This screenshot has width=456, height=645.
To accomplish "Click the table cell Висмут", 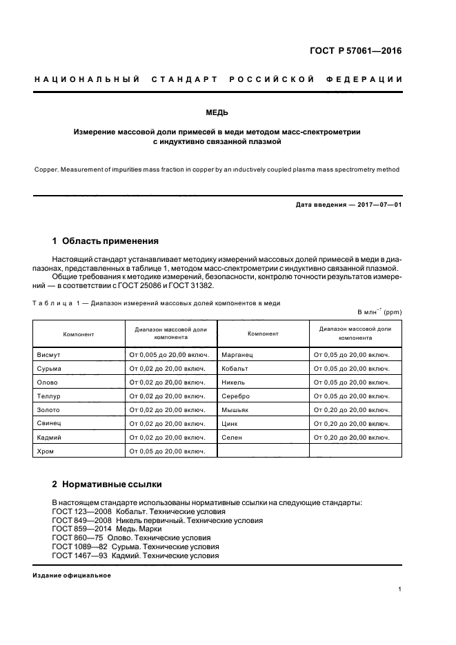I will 49,355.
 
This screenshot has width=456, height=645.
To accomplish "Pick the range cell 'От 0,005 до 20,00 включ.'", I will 168,355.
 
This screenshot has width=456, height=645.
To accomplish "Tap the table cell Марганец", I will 238,355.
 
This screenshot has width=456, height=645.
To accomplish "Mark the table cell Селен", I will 232,437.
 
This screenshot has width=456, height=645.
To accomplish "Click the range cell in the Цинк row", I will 352,423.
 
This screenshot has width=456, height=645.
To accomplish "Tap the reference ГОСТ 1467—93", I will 75,555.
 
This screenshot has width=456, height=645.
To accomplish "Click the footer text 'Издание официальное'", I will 72,575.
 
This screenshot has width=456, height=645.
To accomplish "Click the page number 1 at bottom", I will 400,589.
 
